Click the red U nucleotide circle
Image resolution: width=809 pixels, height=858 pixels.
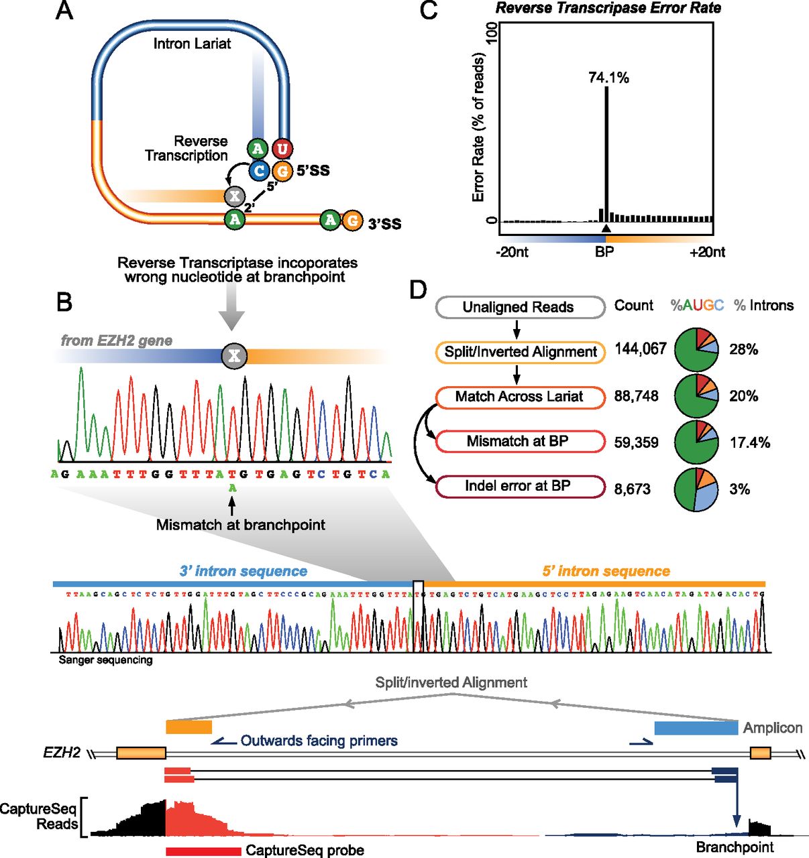[x=282, y=148]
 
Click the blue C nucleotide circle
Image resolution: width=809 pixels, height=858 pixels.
[x=259, y=171]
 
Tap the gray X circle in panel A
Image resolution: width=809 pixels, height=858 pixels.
[x=235, y=196]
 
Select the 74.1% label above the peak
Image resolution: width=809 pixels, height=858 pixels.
[x=608, y=78]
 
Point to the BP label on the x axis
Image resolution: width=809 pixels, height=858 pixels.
[x=604, y=252]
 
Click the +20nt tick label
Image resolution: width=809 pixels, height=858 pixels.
[x=706, y=252]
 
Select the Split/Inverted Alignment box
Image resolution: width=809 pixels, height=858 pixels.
[x=520, y=352]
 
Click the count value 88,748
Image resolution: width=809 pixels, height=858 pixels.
[x=636, y=396]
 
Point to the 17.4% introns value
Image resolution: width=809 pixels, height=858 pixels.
[x=749, y=442]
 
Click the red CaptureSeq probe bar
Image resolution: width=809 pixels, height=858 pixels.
[x=203, y=851]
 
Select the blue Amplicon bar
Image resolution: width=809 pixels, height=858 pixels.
[x=696, y=728]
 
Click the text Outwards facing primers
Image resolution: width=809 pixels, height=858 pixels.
[x=319, y=741]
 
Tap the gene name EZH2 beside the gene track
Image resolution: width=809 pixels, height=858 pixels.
[x=62, y=753]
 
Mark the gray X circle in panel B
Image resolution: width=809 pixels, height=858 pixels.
[x=234, y=355]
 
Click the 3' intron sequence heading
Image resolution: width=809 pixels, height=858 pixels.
[x=243, y=571]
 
